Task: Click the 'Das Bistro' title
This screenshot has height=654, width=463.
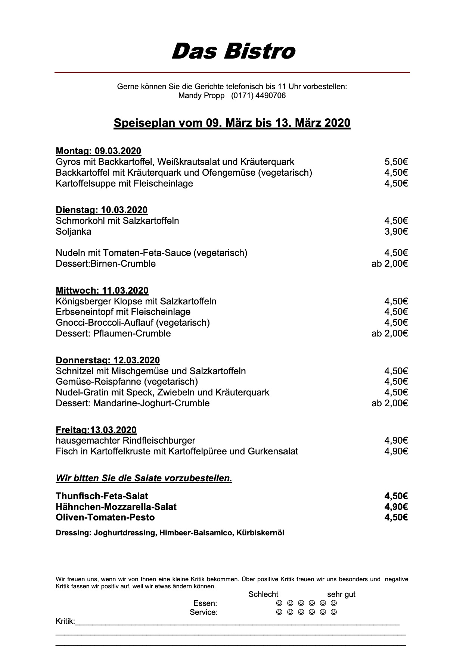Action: (x=233, y=51)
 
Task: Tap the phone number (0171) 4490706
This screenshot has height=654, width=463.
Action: (x=258, y=96)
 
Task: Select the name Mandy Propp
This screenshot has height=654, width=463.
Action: (x=201, y=96)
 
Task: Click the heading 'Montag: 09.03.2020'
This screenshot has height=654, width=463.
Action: (x=98, y=151)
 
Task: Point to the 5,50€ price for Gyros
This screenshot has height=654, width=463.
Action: (x=396, y=162)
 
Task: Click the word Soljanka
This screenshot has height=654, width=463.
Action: (x=73, y=231)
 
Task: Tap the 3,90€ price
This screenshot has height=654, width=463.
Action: (x=396, y=231)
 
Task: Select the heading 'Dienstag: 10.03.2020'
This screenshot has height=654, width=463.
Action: (x=101, y=210)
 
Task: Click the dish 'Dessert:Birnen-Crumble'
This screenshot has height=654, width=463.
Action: (x=106, y=263)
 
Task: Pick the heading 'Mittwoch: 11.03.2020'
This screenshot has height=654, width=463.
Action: (x=102, y=290)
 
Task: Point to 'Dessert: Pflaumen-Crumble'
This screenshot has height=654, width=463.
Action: (x=113, y=333)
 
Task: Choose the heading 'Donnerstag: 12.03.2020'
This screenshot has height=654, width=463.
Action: (x=108, y=360)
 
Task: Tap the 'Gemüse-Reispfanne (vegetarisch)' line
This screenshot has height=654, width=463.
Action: (x=127, y=381)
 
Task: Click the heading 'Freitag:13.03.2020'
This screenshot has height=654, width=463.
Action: (x=96, y=430)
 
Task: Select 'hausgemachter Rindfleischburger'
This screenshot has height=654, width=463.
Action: (x=125, y=441)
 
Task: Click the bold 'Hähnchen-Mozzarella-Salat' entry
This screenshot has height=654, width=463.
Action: (x=116, y=507)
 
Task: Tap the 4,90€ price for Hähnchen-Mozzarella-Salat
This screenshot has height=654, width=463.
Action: (x=396, y=507)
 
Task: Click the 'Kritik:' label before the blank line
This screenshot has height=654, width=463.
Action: (x=65, y=621)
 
